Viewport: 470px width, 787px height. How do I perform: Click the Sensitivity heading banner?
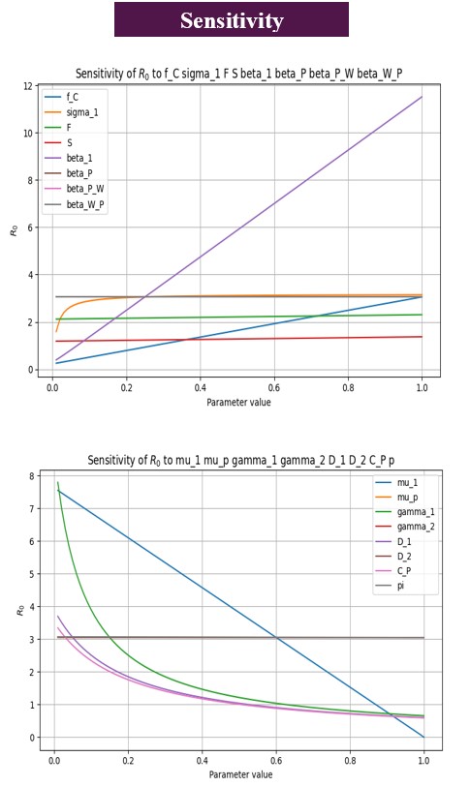point(231,20)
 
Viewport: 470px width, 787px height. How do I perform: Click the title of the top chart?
point(237,75)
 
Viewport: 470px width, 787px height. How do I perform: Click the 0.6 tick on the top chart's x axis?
point(274,387)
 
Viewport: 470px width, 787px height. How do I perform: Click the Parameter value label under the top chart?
point(238,401)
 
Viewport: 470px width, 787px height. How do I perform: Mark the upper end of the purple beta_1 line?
point(423,97)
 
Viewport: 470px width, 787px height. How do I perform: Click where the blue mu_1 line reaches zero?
point(423,737)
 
